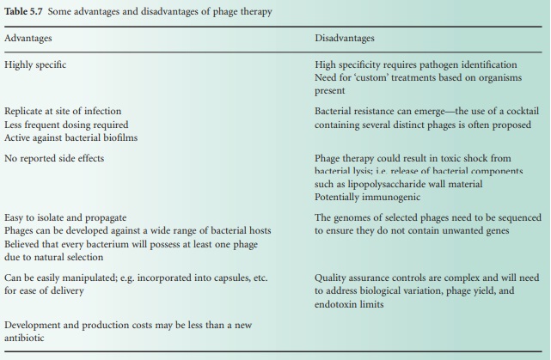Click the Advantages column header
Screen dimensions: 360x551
(x=28, y=39)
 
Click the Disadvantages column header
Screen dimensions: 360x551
(x=345, y=39)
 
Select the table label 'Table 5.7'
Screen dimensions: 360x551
(x=25, y=10)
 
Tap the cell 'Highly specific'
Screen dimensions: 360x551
(x=34, y=64)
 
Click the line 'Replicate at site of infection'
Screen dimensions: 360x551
(x=63, y=112)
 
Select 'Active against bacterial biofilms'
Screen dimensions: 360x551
(x=70, y=137)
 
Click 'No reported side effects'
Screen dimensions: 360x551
(x=53, y=159)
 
